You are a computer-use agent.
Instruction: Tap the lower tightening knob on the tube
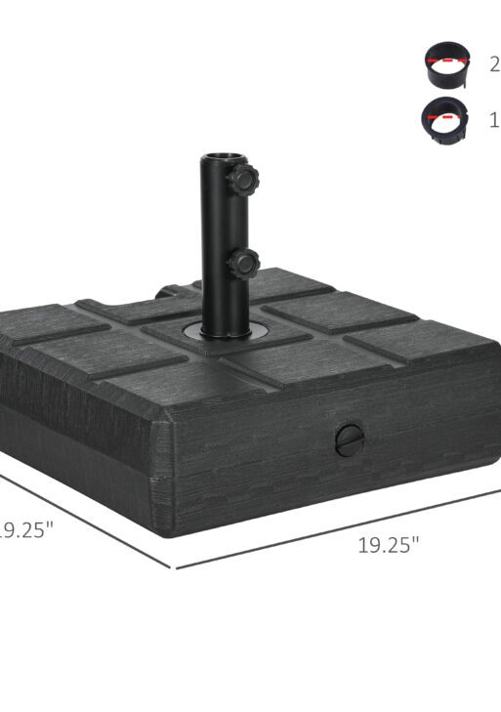pyautogui.click(x=244, y=261)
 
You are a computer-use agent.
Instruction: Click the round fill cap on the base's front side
pyautogui.click(x=348, y=440)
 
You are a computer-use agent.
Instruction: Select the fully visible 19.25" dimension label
pyautogui.click(x=388, y=545)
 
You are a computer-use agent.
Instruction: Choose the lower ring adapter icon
pyautogui.click(x=444, y=121)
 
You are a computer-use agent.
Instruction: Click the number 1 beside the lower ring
pyautogui.click(x=494, y=120)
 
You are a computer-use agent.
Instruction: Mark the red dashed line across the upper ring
pyautogui.click(x=444, y=62)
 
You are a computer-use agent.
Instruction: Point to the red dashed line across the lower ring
pyautogui.click(x=444, y=116)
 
